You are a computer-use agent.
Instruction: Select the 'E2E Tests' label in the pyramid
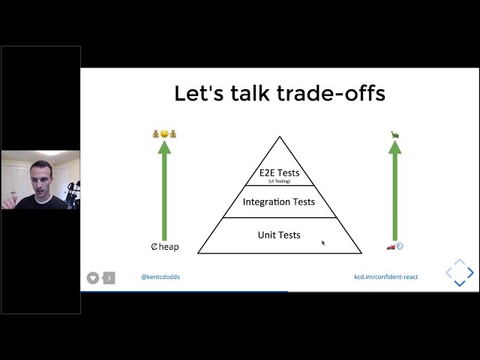coord(279,172)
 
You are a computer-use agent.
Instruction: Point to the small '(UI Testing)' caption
coord(279,181)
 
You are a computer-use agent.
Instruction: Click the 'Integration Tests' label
coord(279,202)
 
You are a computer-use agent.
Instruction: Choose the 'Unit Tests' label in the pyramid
coord(279,235)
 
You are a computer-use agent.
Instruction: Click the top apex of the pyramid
coord(280,138)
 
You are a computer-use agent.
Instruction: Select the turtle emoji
coord(394,134)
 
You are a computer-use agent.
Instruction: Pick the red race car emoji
coord(390,245)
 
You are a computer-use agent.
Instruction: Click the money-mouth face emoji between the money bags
coord(165,134)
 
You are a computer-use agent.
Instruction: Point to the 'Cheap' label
coord(165,247)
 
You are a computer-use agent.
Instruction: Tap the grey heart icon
coord(93,277)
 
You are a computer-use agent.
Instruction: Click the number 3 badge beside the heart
coord(109,277)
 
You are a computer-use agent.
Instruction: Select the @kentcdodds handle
coord(160,277)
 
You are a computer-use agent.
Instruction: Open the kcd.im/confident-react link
coord(385,277)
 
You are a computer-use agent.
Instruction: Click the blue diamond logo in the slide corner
coord(460,273)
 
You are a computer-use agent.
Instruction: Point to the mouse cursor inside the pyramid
coord(323,242)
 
